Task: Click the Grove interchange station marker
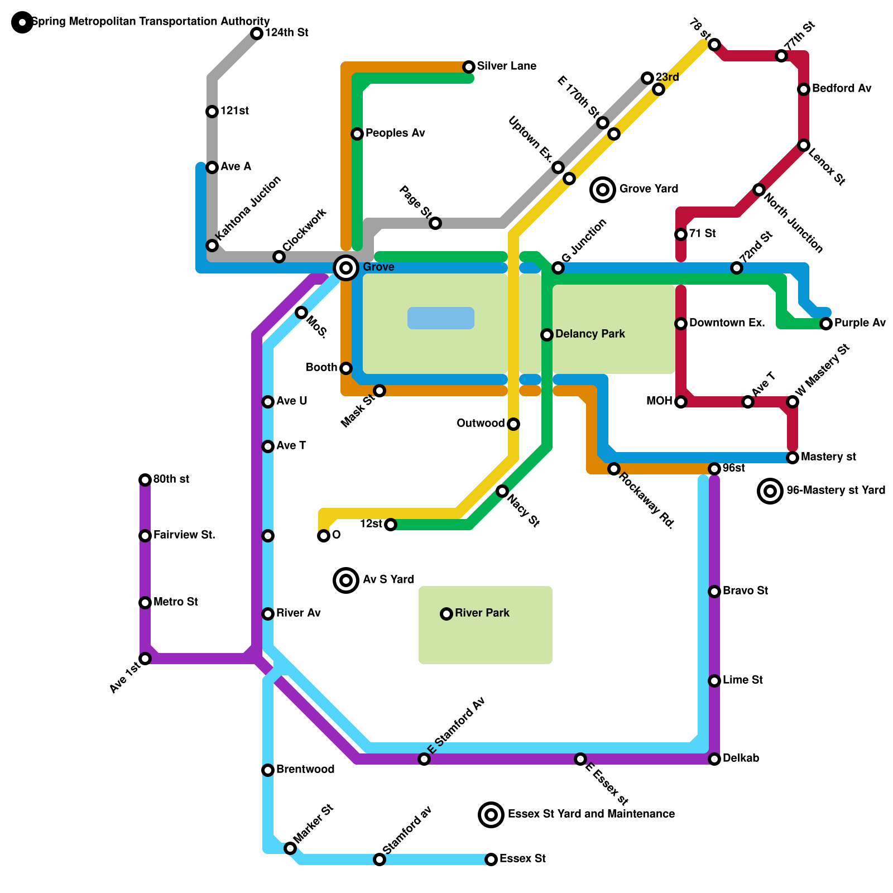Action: coord(346,268)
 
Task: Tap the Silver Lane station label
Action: coord(506,66)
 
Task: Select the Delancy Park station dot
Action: coord(547,335)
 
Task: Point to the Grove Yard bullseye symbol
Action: coord(603,190)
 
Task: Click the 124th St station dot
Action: coord(257,33)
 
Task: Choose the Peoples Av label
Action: coord(395,133)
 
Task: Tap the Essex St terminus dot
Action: coord(491,860)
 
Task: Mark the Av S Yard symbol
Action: coord(346,580)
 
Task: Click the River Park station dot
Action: coord(446,614)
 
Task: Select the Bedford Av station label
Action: coord(841,89)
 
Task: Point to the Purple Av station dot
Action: coord(826,324)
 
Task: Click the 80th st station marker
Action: coord(145,480)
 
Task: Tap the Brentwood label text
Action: coord(305,770)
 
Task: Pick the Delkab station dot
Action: coord(714,759)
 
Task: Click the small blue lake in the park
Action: coord(441,318)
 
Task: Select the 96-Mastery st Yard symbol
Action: coord(770,491)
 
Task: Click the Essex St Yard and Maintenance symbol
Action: coord(491,815)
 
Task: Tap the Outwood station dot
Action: coord(513,424)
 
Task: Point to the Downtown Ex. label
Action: coord(727,323)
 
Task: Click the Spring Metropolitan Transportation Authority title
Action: coord(151,22)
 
